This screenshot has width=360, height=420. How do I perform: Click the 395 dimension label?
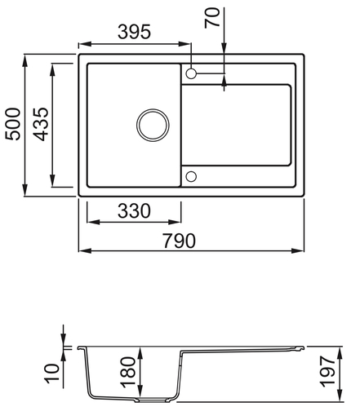coord(133,32)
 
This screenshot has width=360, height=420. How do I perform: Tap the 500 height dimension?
coord(13,124)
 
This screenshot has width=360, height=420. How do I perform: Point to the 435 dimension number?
coord(40,124)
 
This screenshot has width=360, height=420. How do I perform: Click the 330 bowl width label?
coord(133,211)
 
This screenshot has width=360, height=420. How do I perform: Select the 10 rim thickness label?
coord(52,374)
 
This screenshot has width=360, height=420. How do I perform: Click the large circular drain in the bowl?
coord(150,125)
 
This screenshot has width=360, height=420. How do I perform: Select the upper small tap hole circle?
coord(192,73)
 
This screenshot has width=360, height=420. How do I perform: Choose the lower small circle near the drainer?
coord(192,175)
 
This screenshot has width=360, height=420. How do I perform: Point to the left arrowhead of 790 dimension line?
coord(82,250)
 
